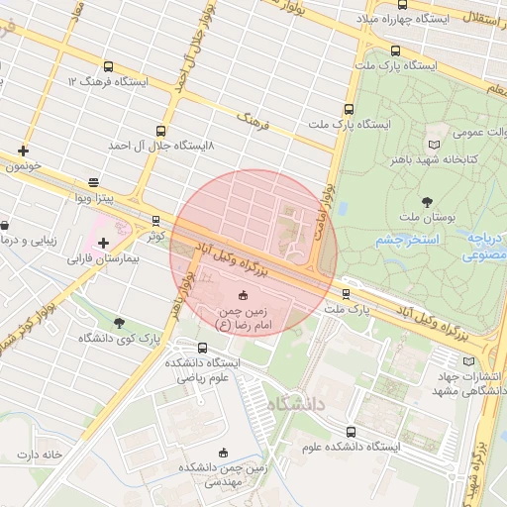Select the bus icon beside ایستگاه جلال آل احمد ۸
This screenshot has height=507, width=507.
(160, 130)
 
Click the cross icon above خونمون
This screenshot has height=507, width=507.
(23, 151)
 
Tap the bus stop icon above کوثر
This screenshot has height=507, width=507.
(155, 221)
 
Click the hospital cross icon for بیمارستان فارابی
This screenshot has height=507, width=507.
(103, 243)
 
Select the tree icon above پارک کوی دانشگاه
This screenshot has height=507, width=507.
(119, 323)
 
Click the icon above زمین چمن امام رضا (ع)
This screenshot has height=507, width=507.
(244, 294)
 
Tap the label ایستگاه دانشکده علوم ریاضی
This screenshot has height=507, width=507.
(204, 370)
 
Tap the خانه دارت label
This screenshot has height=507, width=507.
(39, 455)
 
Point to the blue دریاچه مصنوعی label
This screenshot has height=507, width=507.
(485, 247)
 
